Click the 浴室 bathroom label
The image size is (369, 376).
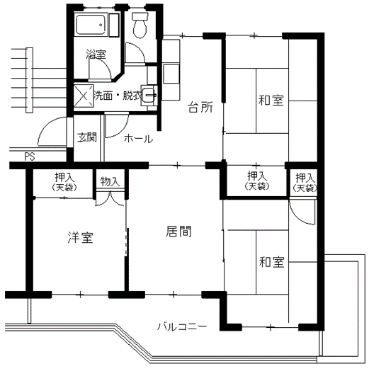[x=96, y=55]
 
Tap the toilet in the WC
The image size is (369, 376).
[x=140, y=25]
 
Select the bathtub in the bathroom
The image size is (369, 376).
[x=91, y=25]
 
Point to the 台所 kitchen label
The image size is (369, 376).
[x=200, y=107]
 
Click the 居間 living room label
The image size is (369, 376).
[x=178, y=232]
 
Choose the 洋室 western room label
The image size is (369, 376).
[x=80, y=237]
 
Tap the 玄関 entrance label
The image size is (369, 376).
[x=87, y=137]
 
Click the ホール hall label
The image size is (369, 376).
[x=138, y=139]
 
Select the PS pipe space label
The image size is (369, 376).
[x=30, y=156]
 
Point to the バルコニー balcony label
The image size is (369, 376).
[x=182, y=326]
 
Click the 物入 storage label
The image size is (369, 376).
[x=110, y=181]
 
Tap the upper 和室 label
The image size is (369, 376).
[x=271, y=101]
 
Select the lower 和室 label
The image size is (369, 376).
[x=271, y=262]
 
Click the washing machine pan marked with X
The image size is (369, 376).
[x=84, y=96]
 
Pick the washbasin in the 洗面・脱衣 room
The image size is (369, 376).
[x=149, y=95]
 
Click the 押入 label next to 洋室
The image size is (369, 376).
[x=64, y=177]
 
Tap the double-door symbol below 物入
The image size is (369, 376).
[x=110, y=198]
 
